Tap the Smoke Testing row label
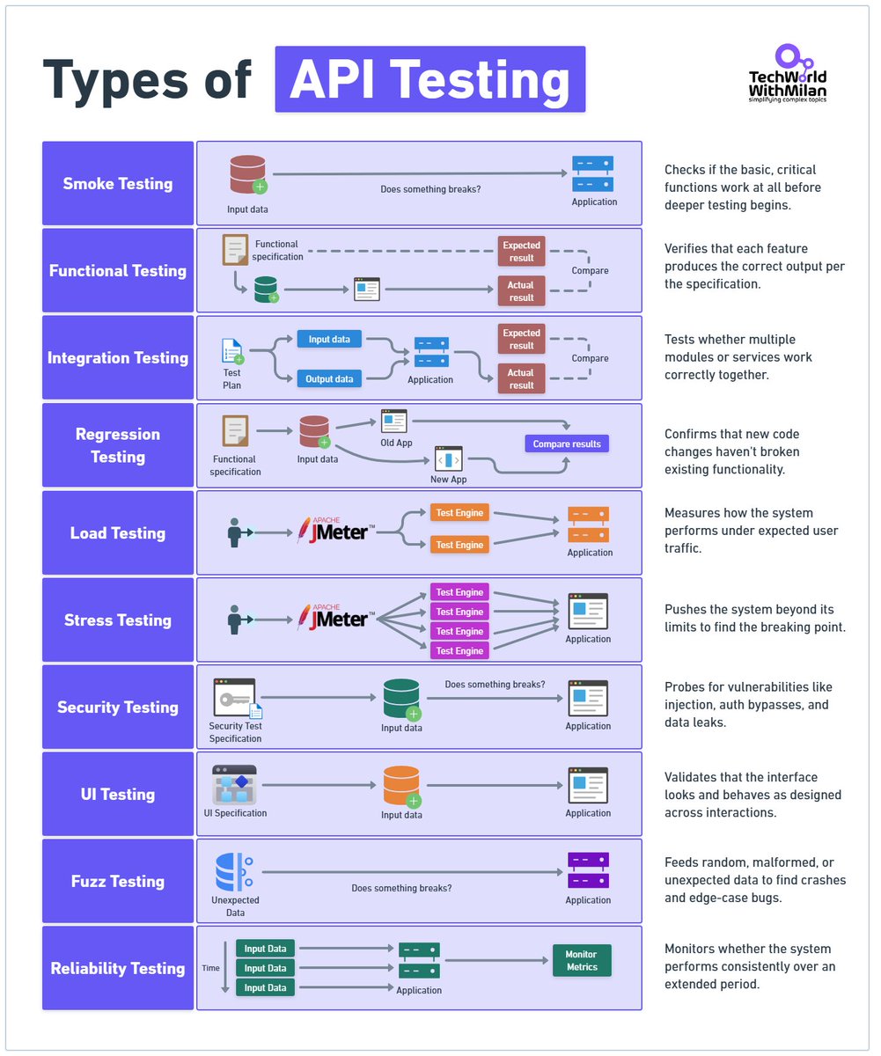click(118, 184)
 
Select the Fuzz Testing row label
click(118, 881)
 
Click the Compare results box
click(567, 444)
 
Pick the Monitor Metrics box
click(581, 961)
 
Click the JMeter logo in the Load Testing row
click(335, 532)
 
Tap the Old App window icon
click(393, 421)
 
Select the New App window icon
click(449, 459)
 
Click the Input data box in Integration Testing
click(330, 340)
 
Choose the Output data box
click(330, 379)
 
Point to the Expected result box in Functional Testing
click(521, 251)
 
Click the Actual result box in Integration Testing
click(521, 379)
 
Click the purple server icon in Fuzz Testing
click(588, 870)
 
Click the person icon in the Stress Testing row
click(235, 620)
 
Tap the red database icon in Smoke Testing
click(247, 174)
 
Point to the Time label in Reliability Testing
click(211, 967)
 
